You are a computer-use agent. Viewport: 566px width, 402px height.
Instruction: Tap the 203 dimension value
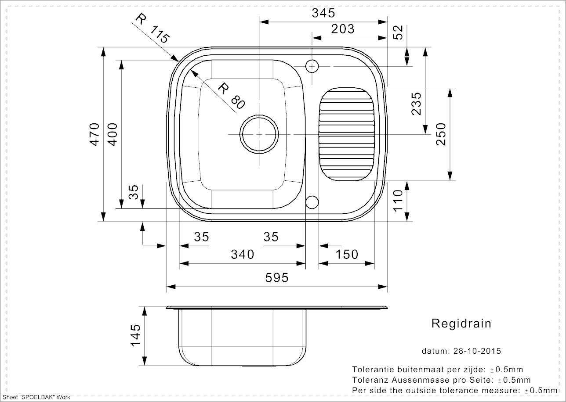(342, 29)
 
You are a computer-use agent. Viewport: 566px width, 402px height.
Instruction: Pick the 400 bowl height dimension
(112, 134)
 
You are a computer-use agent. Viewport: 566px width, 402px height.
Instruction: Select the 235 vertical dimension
(416, 104)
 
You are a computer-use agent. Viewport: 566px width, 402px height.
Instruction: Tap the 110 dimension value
(398, 201)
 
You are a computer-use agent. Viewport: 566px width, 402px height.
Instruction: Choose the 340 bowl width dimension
(242, 254)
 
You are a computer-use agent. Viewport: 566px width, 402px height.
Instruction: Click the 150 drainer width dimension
(347, 254)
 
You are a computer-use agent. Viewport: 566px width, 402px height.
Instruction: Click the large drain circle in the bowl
(259, 134)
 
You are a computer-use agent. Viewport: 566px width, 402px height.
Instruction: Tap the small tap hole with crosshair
(312, 66)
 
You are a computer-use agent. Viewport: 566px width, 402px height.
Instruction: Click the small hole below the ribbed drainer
(312, 202)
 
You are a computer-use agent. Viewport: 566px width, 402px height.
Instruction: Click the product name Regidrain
(461, 324)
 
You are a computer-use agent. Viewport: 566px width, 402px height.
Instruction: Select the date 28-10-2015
(476, 351)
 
